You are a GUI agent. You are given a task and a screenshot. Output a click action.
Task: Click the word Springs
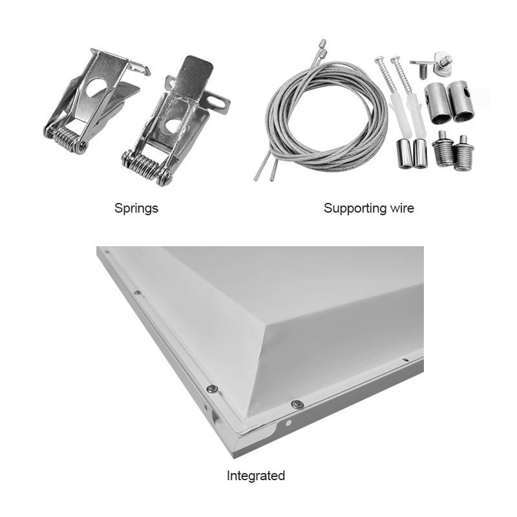(x=136, y=209)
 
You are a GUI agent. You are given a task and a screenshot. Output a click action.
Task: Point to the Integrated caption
(x=256, y=476)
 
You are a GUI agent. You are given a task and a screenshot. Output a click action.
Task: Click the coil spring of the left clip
(x=68, y=138)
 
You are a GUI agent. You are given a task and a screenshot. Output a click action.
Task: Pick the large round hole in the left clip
(x=96, y=87)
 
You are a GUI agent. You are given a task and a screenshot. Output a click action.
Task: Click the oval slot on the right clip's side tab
(x=217, y=103)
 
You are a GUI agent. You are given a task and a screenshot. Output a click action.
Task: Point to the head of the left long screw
(x=379, y=60)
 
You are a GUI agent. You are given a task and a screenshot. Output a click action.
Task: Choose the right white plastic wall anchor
(x=414, y=114)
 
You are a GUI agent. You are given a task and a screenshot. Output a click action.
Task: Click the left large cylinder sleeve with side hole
(x=437, y=103)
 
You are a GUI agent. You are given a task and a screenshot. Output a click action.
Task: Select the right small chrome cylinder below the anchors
(x=420, y=153)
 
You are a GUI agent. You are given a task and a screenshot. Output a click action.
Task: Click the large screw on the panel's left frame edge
(x=212, y=389)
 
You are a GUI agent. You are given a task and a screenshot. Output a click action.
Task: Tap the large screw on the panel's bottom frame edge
(x=297, y=405)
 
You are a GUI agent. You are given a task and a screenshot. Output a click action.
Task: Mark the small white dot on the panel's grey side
(x=288, y=423)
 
